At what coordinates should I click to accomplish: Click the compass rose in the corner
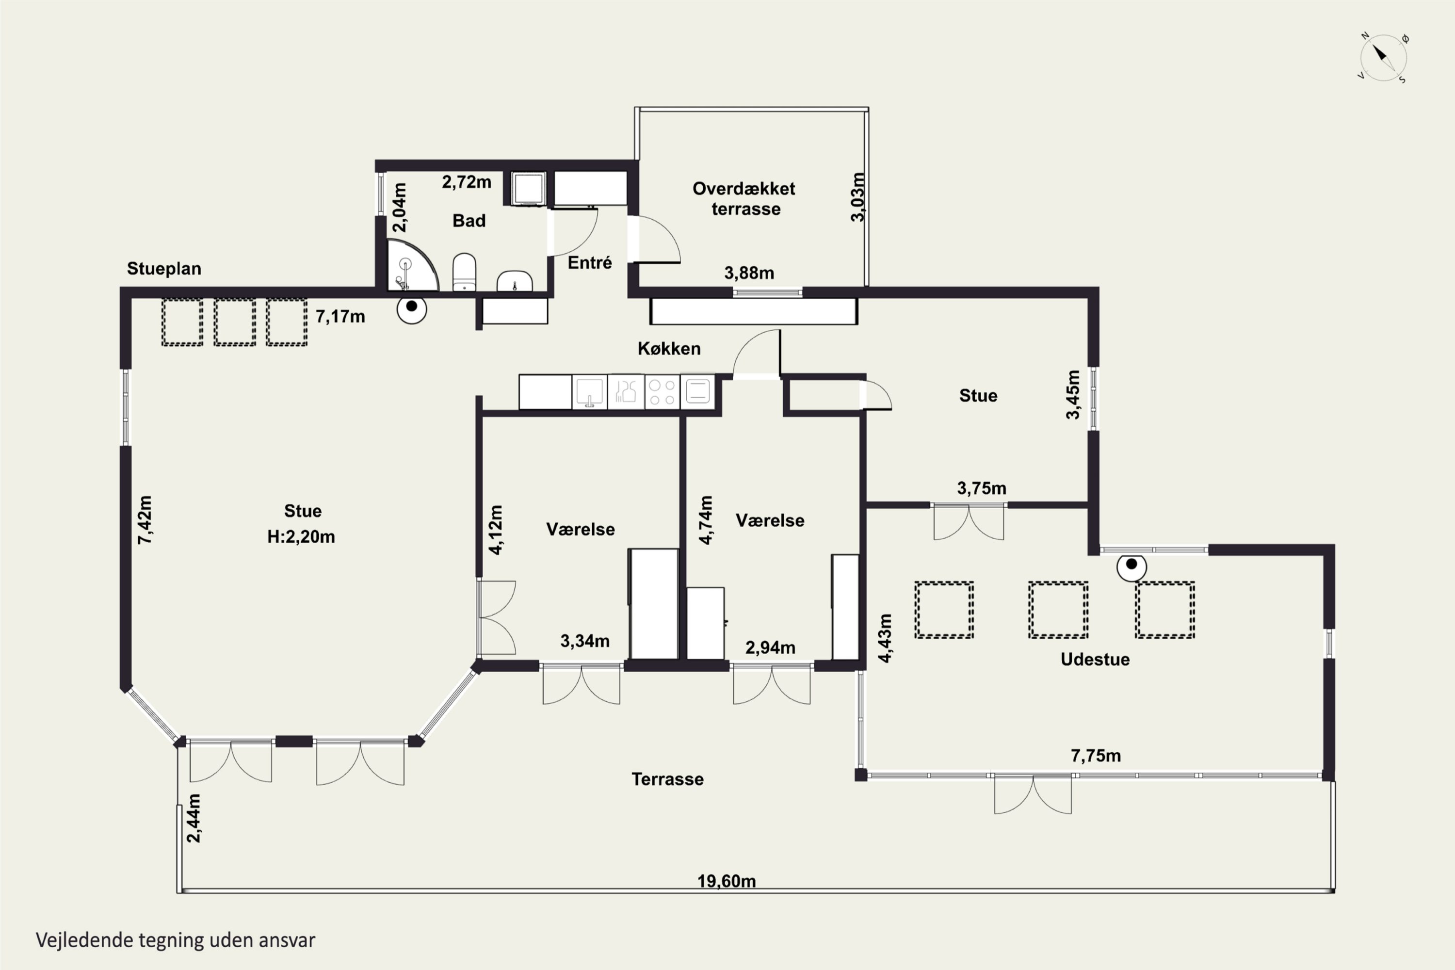[1384, 58]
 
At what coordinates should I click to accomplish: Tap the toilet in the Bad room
[465, 272]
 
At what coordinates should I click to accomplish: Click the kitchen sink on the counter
[590, 391]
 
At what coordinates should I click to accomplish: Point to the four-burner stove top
[662, 391]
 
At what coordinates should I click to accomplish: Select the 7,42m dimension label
[144, 519]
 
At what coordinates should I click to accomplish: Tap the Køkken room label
[669, 348]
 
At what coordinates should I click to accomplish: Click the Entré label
[590, 263]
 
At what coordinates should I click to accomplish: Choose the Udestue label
[1095, 660]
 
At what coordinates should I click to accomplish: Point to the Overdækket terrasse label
[744, 198]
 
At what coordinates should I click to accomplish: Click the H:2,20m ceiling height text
[301, 536]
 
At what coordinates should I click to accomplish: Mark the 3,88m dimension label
[749, 273]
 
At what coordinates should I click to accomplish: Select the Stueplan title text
[164, 269]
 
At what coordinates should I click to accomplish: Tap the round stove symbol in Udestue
[1132, 566]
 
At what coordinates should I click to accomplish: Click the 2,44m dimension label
[194, 818]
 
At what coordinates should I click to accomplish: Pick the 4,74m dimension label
[706, 519]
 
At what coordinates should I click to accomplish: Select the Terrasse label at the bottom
[667, 779]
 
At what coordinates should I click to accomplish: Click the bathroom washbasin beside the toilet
[515, 281]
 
